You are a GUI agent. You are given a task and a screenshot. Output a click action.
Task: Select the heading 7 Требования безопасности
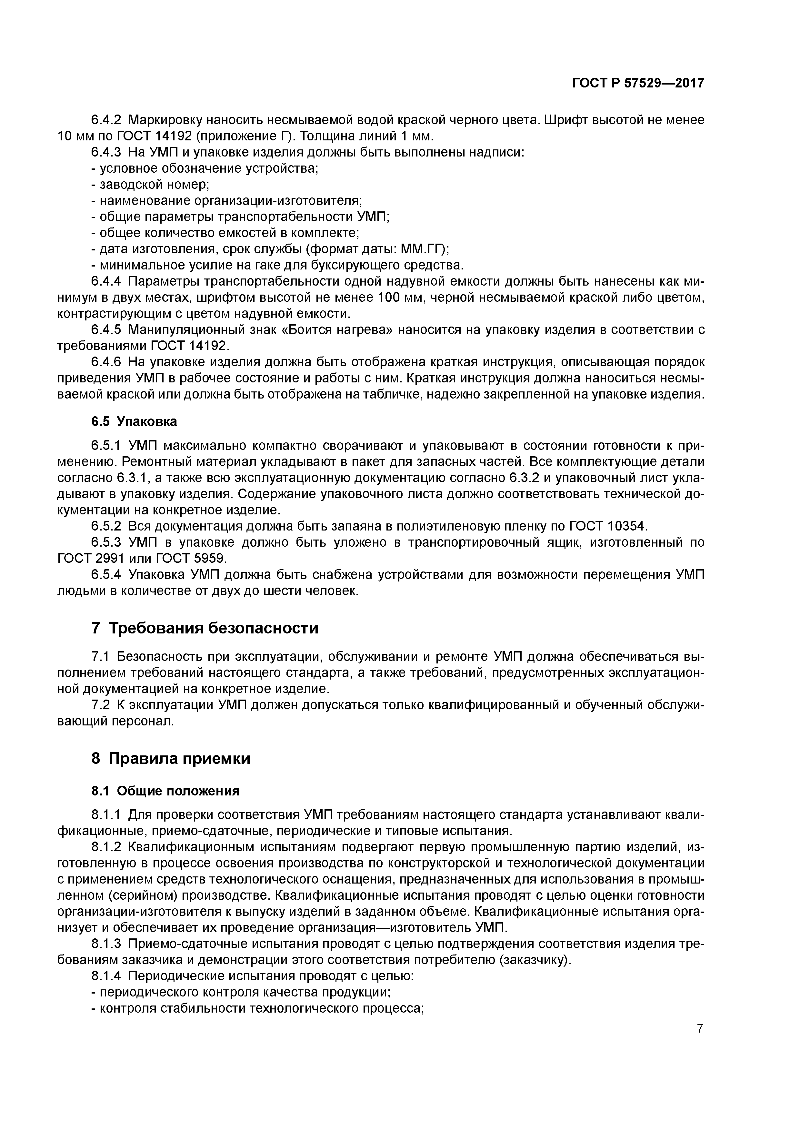(x=205, y=628)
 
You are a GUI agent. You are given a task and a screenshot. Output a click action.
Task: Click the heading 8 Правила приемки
(x=171, y=758)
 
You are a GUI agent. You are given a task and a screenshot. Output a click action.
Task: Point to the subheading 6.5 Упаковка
(x=134, y=421)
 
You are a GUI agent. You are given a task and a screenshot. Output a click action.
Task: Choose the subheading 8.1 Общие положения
(x=165, y=791)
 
